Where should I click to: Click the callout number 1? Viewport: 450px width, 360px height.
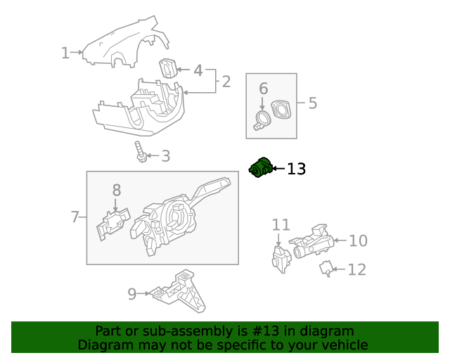[65, 53]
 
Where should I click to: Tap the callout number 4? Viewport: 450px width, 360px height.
[198, 70]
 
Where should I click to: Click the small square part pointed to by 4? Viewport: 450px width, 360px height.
[168, 68]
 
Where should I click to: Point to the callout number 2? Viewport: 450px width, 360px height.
[226, 82]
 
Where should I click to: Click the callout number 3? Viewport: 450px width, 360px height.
[166, 156]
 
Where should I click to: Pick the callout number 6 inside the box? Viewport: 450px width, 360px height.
[264, 89]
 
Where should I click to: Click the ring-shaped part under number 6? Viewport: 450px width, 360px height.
[262, 120]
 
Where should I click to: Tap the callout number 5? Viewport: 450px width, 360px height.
[312, 103]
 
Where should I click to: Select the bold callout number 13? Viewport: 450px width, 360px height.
[297, 169]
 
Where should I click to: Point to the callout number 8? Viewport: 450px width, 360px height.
[117, 189]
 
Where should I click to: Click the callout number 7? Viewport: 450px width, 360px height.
[75, 217]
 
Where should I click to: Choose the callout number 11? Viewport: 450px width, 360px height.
[281, 225]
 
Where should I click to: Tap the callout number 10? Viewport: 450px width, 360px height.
[358, 241]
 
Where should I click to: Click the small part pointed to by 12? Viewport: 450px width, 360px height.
[326, 268]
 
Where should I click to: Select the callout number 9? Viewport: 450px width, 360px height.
[132, 294]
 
